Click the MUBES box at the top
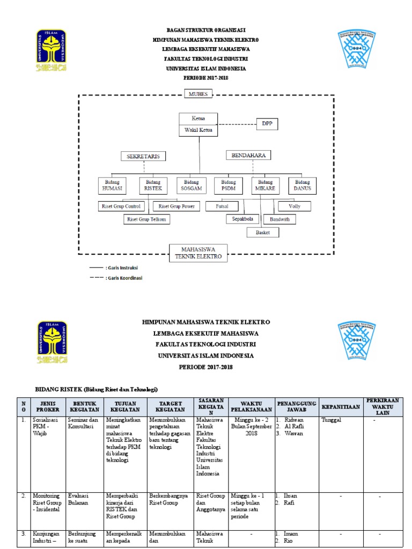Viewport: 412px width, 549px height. (198, 94)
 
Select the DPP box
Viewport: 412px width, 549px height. (267, 124)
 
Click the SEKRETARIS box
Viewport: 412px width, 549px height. (143, 156)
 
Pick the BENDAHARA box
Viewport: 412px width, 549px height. (248, 155)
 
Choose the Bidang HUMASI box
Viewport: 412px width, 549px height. (112, 186)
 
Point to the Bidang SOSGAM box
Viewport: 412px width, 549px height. (191, 186)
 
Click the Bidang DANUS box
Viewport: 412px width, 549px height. (302, 186)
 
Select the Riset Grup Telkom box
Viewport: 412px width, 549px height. (146, 219)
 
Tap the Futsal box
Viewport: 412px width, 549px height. (222, 206)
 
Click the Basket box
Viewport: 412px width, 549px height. (263, 232)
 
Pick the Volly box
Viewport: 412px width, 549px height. (294, 206)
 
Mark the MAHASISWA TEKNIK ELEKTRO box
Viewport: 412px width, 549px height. (198, 253)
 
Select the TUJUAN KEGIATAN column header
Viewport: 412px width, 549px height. (127, 407)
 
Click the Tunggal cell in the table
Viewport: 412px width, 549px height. (332, 420)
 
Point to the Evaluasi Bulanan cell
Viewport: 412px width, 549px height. (79, 499)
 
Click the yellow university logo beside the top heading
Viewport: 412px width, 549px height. (51, 51)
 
